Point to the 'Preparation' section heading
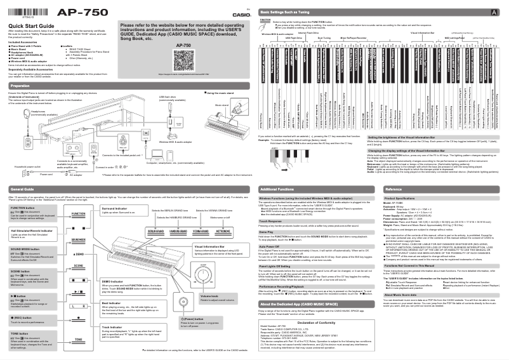(x=20, y=85)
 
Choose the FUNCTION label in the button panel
(x=79, y=214)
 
